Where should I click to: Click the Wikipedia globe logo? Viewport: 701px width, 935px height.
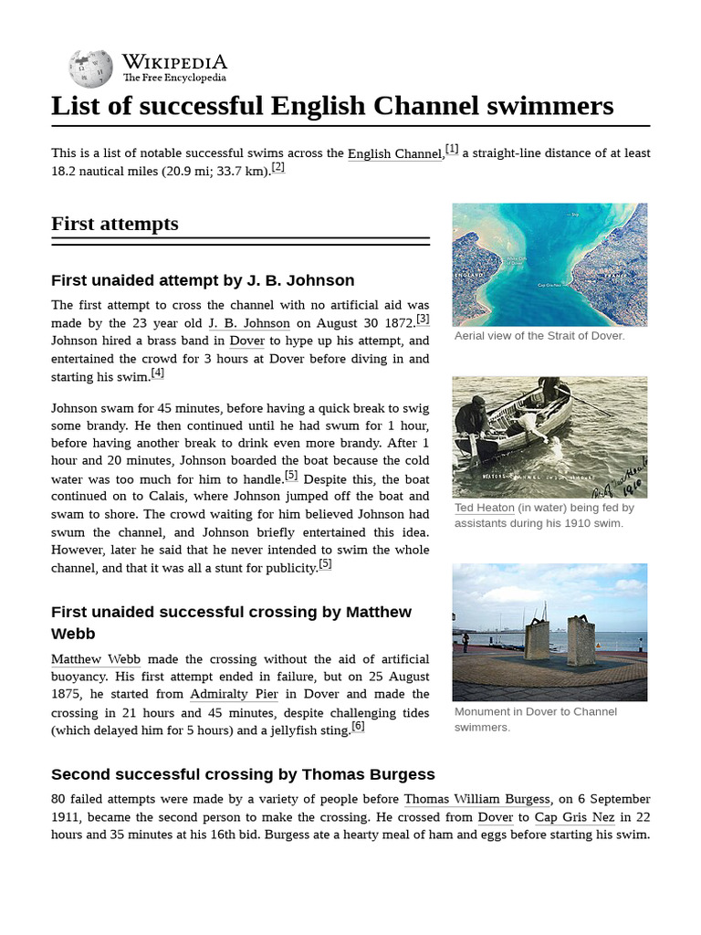[x=90, y=68]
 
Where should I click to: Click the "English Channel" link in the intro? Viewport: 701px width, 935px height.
[x=394, y=154]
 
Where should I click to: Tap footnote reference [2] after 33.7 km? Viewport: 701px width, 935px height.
[x=278, y=168]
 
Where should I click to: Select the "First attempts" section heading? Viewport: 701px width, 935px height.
[x=115, y=225]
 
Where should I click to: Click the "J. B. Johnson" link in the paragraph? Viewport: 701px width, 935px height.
[x=248, y=323]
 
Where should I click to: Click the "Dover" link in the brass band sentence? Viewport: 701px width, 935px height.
[x=246, y=341]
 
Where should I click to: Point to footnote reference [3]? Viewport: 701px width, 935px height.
[x=423, y=320]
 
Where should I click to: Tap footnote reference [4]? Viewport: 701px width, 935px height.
[x=158, y=373]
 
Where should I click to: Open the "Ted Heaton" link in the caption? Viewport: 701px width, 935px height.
[x=484, y=508]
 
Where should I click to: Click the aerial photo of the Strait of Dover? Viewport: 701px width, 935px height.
[x=549, y=265]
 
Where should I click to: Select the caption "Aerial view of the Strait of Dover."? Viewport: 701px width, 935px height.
[x=539, y=336]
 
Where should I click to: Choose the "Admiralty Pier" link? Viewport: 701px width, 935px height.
[x=233, y=695]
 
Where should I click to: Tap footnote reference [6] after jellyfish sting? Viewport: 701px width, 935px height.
[x=358, y=727]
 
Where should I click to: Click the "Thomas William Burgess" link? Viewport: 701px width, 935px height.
[x=476, y=800]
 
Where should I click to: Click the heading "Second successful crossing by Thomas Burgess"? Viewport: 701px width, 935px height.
[x=243, y=774]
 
